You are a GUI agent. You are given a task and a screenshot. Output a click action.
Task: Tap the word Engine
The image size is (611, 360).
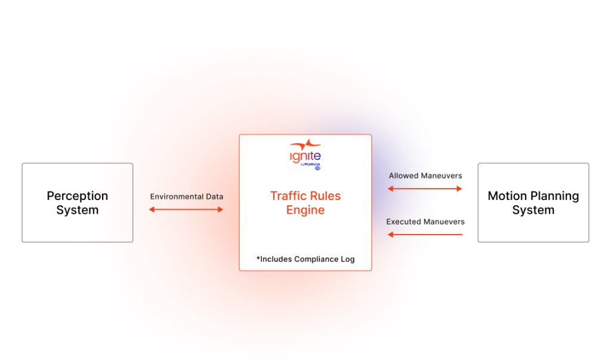305,210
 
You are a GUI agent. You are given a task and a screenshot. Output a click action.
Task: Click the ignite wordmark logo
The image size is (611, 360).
305,155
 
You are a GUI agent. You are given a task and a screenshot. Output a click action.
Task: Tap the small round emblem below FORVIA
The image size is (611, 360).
317,168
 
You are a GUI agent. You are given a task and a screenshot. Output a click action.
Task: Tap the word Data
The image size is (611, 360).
213,196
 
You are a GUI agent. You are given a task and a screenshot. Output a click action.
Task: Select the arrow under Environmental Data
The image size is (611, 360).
186,210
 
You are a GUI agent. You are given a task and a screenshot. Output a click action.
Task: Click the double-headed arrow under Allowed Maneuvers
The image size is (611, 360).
425,189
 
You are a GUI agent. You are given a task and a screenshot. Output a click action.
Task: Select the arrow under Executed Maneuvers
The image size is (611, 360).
425,235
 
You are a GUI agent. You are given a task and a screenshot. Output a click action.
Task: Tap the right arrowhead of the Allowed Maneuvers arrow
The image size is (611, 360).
460,189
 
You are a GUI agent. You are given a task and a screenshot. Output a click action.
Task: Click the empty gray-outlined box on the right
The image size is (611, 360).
533,202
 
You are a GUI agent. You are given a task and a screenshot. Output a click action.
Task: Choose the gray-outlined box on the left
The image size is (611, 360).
77,202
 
